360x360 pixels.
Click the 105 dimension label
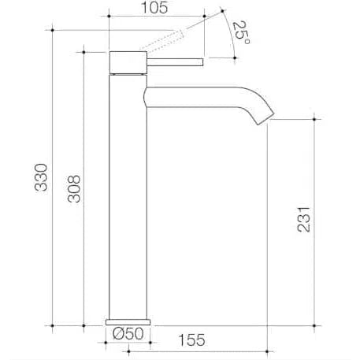pyautogui.click(x=154, y=8)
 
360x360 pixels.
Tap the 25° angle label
pyautogui.click(x=241, y=32)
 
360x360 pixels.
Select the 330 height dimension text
pyautogui.click(x=41, y=177)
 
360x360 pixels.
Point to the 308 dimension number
pyautogui.click(x=74, y=189)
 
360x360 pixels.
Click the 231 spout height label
pyautogui.click(x=303, y=220)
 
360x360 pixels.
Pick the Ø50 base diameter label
pyautogui.click(x=128, y=334)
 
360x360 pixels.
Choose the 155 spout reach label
pyautogui.click(x=191, y=340)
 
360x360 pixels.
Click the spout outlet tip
pyautogui.click(x=265, y=120)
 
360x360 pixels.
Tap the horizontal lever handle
pyautogui.click(x=175, y=62)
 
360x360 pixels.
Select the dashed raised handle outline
pyautogui.click(x=161, y=40)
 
